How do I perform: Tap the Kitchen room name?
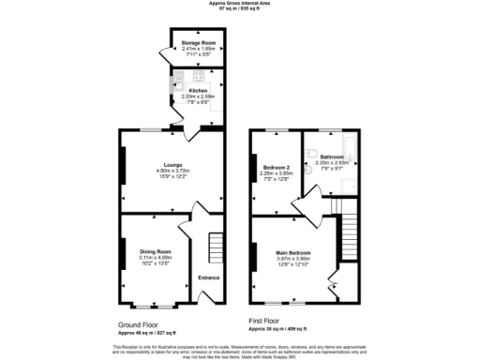(198, 91)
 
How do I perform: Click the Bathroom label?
(332, 157)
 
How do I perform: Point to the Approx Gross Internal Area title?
(240, 5)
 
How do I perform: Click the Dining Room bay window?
(152, 306)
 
